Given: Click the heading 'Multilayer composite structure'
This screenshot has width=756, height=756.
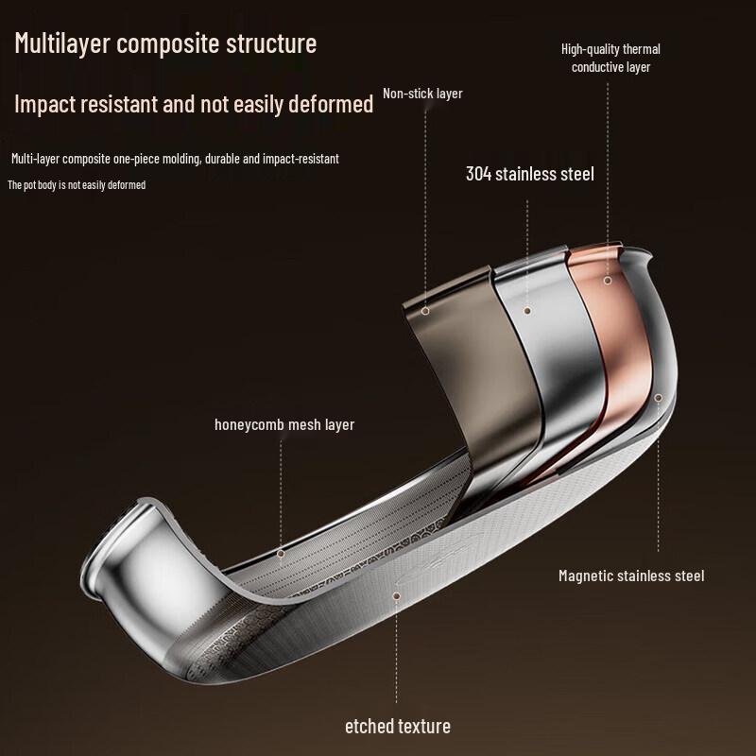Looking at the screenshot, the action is (165, 43).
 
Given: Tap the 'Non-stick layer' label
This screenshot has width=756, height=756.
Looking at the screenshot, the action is (422, 94).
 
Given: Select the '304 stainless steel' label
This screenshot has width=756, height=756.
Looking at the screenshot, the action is (530, 174).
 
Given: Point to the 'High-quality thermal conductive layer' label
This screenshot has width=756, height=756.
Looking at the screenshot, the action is (610, 58).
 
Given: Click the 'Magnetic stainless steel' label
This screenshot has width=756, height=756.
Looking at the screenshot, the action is (631, 576).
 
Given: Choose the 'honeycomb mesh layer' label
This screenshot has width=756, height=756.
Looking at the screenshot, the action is (284, 424).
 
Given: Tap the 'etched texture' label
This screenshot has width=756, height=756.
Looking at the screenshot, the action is (398, 726).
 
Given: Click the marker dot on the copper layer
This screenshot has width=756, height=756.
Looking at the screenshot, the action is (608, 280).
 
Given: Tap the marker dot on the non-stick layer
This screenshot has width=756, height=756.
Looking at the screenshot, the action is (424, 311).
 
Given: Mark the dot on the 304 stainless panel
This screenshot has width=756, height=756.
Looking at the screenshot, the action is (527, 311).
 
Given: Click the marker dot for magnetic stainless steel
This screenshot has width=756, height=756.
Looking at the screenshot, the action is (658, 397).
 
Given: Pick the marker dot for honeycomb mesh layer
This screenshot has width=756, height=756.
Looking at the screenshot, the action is (281, 554).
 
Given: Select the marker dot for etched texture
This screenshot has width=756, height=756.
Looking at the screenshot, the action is (396, 596).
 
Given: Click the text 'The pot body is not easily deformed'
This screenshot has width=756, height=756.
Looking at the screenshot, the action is (77, 184).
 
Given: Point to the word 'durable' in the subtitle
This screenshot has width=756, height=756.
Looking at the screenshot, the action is (223, 159).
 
